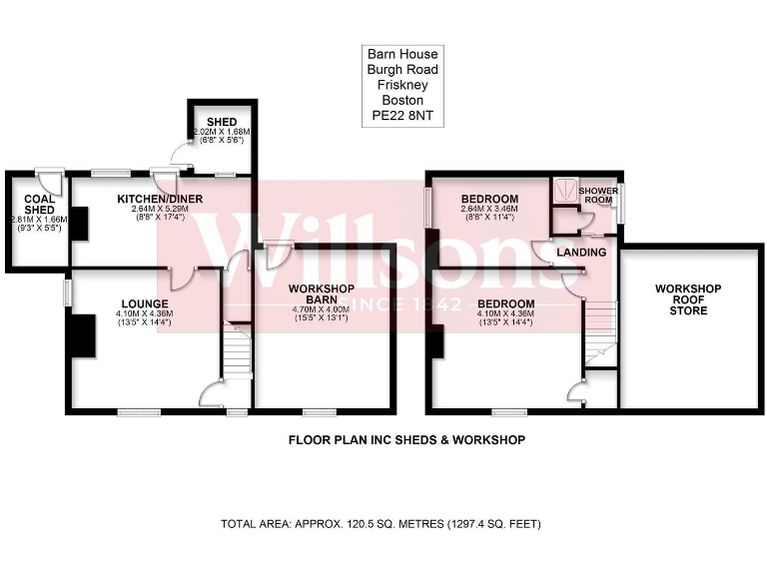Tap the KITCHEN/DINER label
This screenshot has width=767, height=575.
(x=160, y=200)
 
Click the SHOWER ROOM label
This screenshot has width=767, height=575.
(x=599, y=195)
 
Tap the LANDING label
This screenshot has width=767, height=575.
(x=582, y=253)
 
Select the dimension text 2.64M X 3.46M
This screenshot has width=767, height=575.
(x=489, y=208)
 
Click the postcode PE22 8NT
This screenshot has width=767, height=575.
(x=400, y=116)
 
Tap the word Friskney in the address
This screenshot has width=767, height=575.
(x=400, y=85)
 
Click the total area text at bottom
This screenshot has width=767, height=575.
(x=381, y=524)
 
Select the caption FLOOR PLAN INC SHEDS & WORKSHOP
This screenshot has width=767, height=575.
(x=406, y=439)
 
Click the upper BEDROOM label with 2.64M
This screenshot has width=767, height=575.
(x=489, y=199)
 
